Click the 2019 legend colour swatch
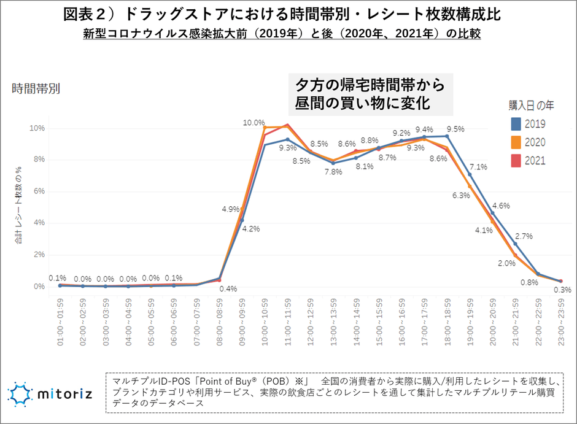[x=516, y=124]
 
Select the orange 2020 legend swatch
[x=516, y=142]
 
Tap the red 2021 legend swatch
[x=516, y=161]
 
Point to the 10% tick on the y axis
[x=38, y=128]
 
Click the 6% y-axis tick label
[x=40, y=191]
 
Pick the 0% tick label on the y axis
[x=40, y=287]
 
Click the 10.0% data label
[x=254, y=123]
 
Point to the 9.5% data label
[x=455, y=129]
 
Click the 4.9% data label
[x=231, y=209]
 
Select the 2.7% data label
[x=524, y=236]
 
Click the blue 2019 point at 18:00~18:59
[x=447, y=136]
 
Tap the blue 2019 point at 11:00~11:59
[x=288, y=140]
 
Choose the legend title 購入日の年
[x=531, y=106]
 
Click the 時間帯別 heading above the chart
[x=36, y=88]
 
